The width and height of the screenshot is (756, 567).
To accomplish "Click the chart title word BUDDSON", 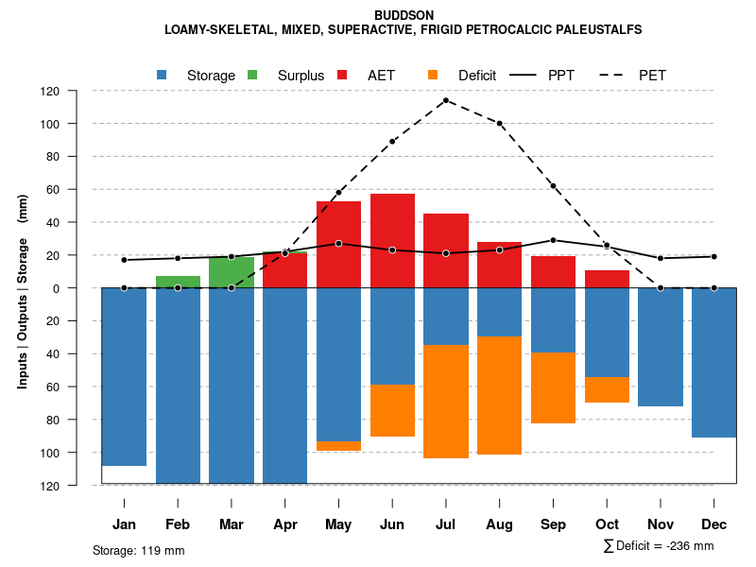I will [x=404, y=15].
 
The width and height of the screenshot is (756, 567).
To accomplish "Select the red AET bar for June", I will [x=392, y=240].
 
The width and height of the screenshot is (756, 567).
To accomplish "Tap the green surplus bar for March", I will [x=232, y=272].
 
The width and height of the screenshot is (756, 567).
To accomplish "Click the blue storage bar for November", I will [x=661, y=347].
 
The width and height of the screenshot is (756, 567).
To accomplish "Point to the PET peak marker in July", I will [x=446, y=100].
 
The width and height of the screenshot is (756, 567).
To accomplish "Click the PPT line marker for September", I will [x=553, y=240].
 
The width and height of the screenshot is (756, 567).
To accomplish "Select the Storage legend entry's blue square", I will [x=163, y=75].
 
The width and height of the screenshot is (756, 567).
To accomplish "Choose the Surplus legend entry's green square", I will [x=252, y=75].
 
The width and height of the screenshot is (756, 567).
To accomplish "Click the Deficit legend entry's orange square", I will [x=433, y=75].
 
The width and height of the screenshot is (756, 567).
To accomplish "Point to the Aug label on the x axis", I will [x=500, y=524].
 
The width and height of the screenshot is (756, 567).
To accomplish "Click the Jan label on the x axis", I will [x=125, y=524].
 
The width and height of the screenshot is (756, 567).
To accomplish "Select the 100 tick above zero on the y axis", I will [x=77, y=124].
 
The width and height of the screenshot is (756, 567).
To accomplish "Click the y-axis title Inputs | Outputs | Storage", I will [x=23, y=291].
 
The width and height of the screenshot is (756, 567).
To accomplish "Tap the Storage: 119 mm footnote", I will [x=138, y=550].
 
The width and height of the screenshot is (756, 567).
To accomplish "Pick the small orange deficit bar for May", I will [x=338, y=446].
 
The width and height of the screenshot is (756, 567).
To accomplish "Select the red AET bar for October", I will [x=607, y=279].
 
